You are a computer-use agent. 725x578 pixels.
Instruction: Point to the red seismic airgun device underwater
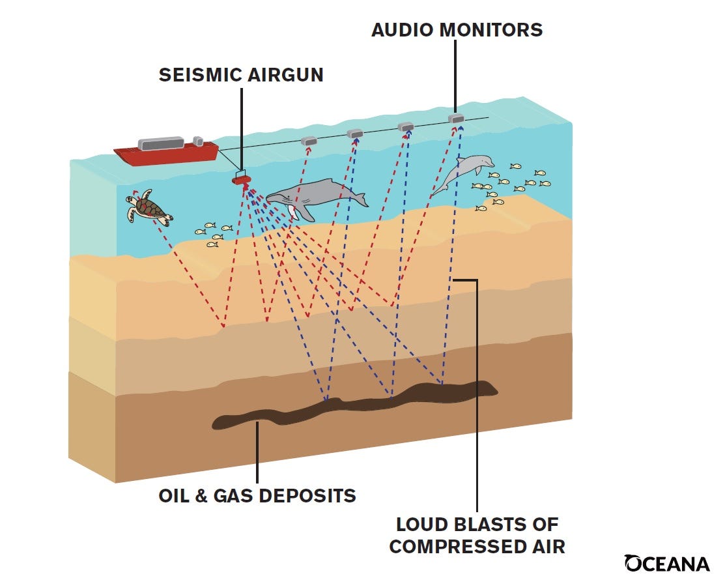tap(241, 179)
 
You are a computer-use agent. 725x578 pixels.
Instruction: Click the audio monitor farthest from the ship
tap(456, 119)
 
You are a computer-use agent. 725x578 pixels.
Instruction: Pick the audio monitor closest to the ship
tap(309, 141)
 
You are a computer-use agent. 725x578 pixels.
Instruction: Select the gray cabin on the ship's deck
tap(160, 143)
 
